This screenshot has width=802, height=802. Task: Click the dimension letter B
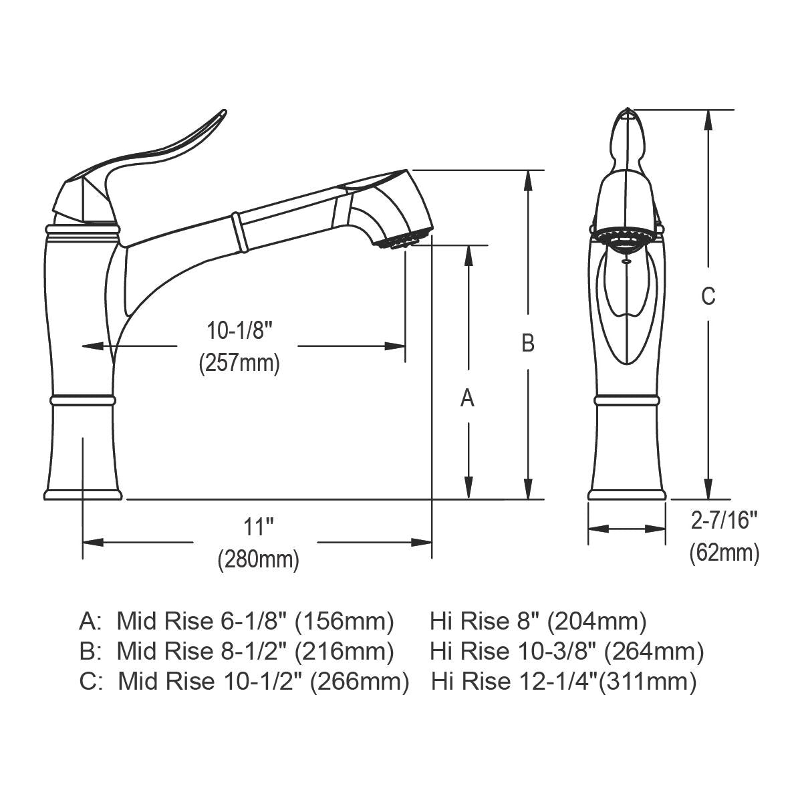tap(528, 343)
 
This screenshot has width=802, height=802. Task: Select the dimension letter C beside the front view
tap(708, 295)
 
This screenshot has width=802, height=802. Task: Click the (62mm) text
tap(724, 553)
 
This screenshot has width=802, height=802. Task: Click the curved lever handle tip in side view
tap(221, 115)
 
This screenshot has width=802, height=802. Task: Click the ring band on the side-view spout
tap(236, 231)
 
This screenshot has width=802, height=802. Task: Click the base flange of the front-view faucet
tap(627, 495)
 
